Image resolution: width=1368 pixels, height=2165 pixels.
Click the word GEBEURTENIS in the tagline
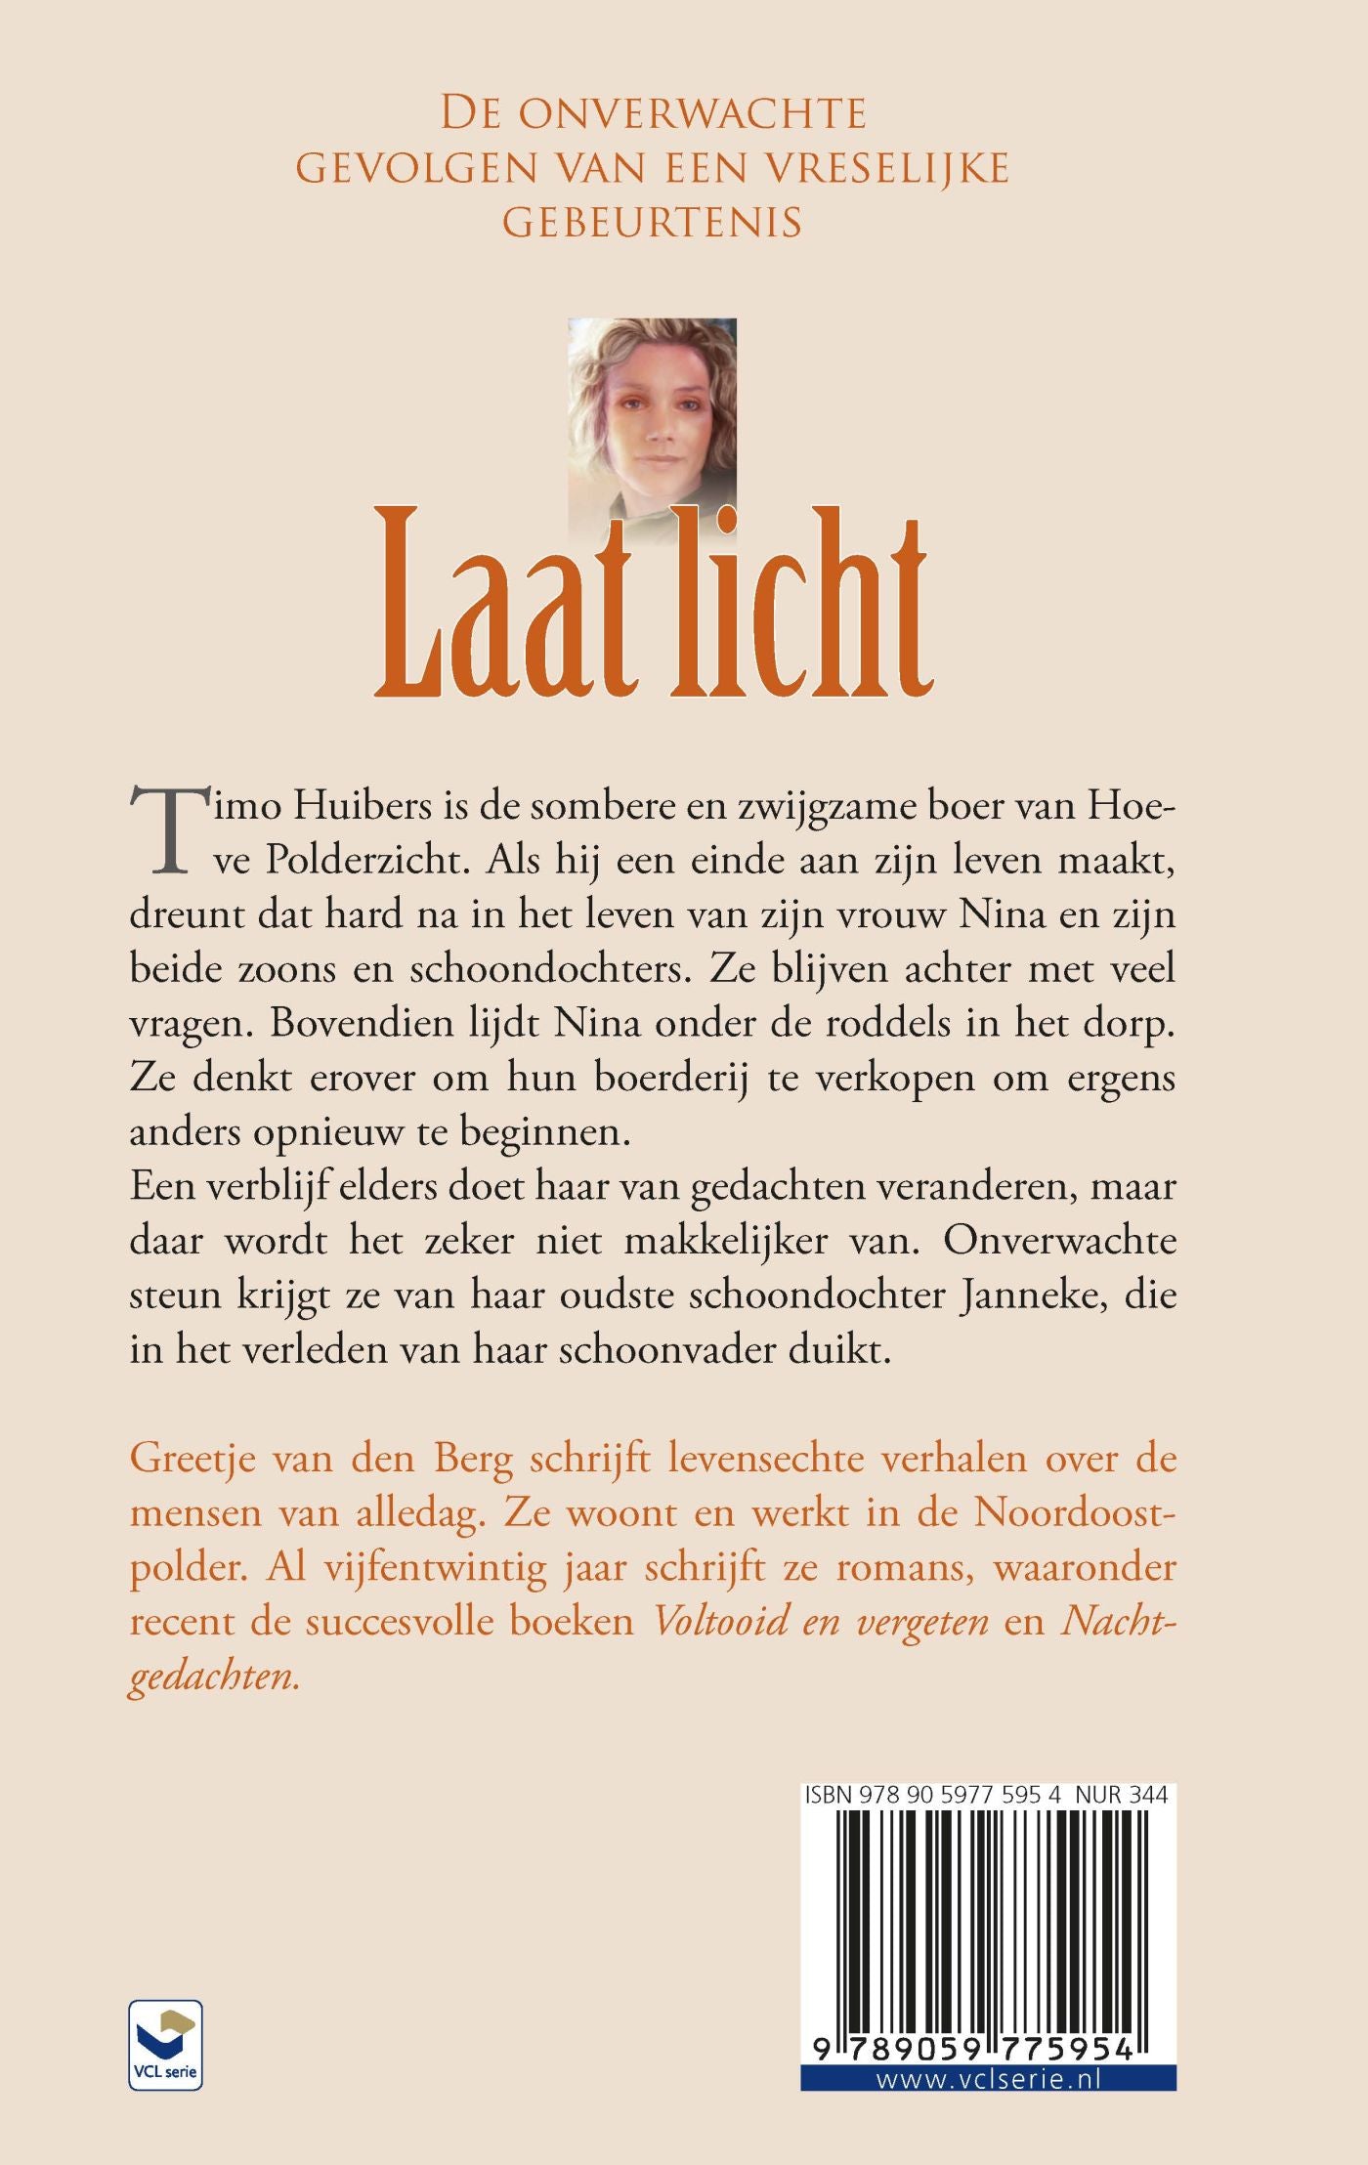coord(652,224)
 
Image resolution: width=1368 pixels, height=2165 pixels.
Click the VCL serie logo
coord(165,2044)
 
